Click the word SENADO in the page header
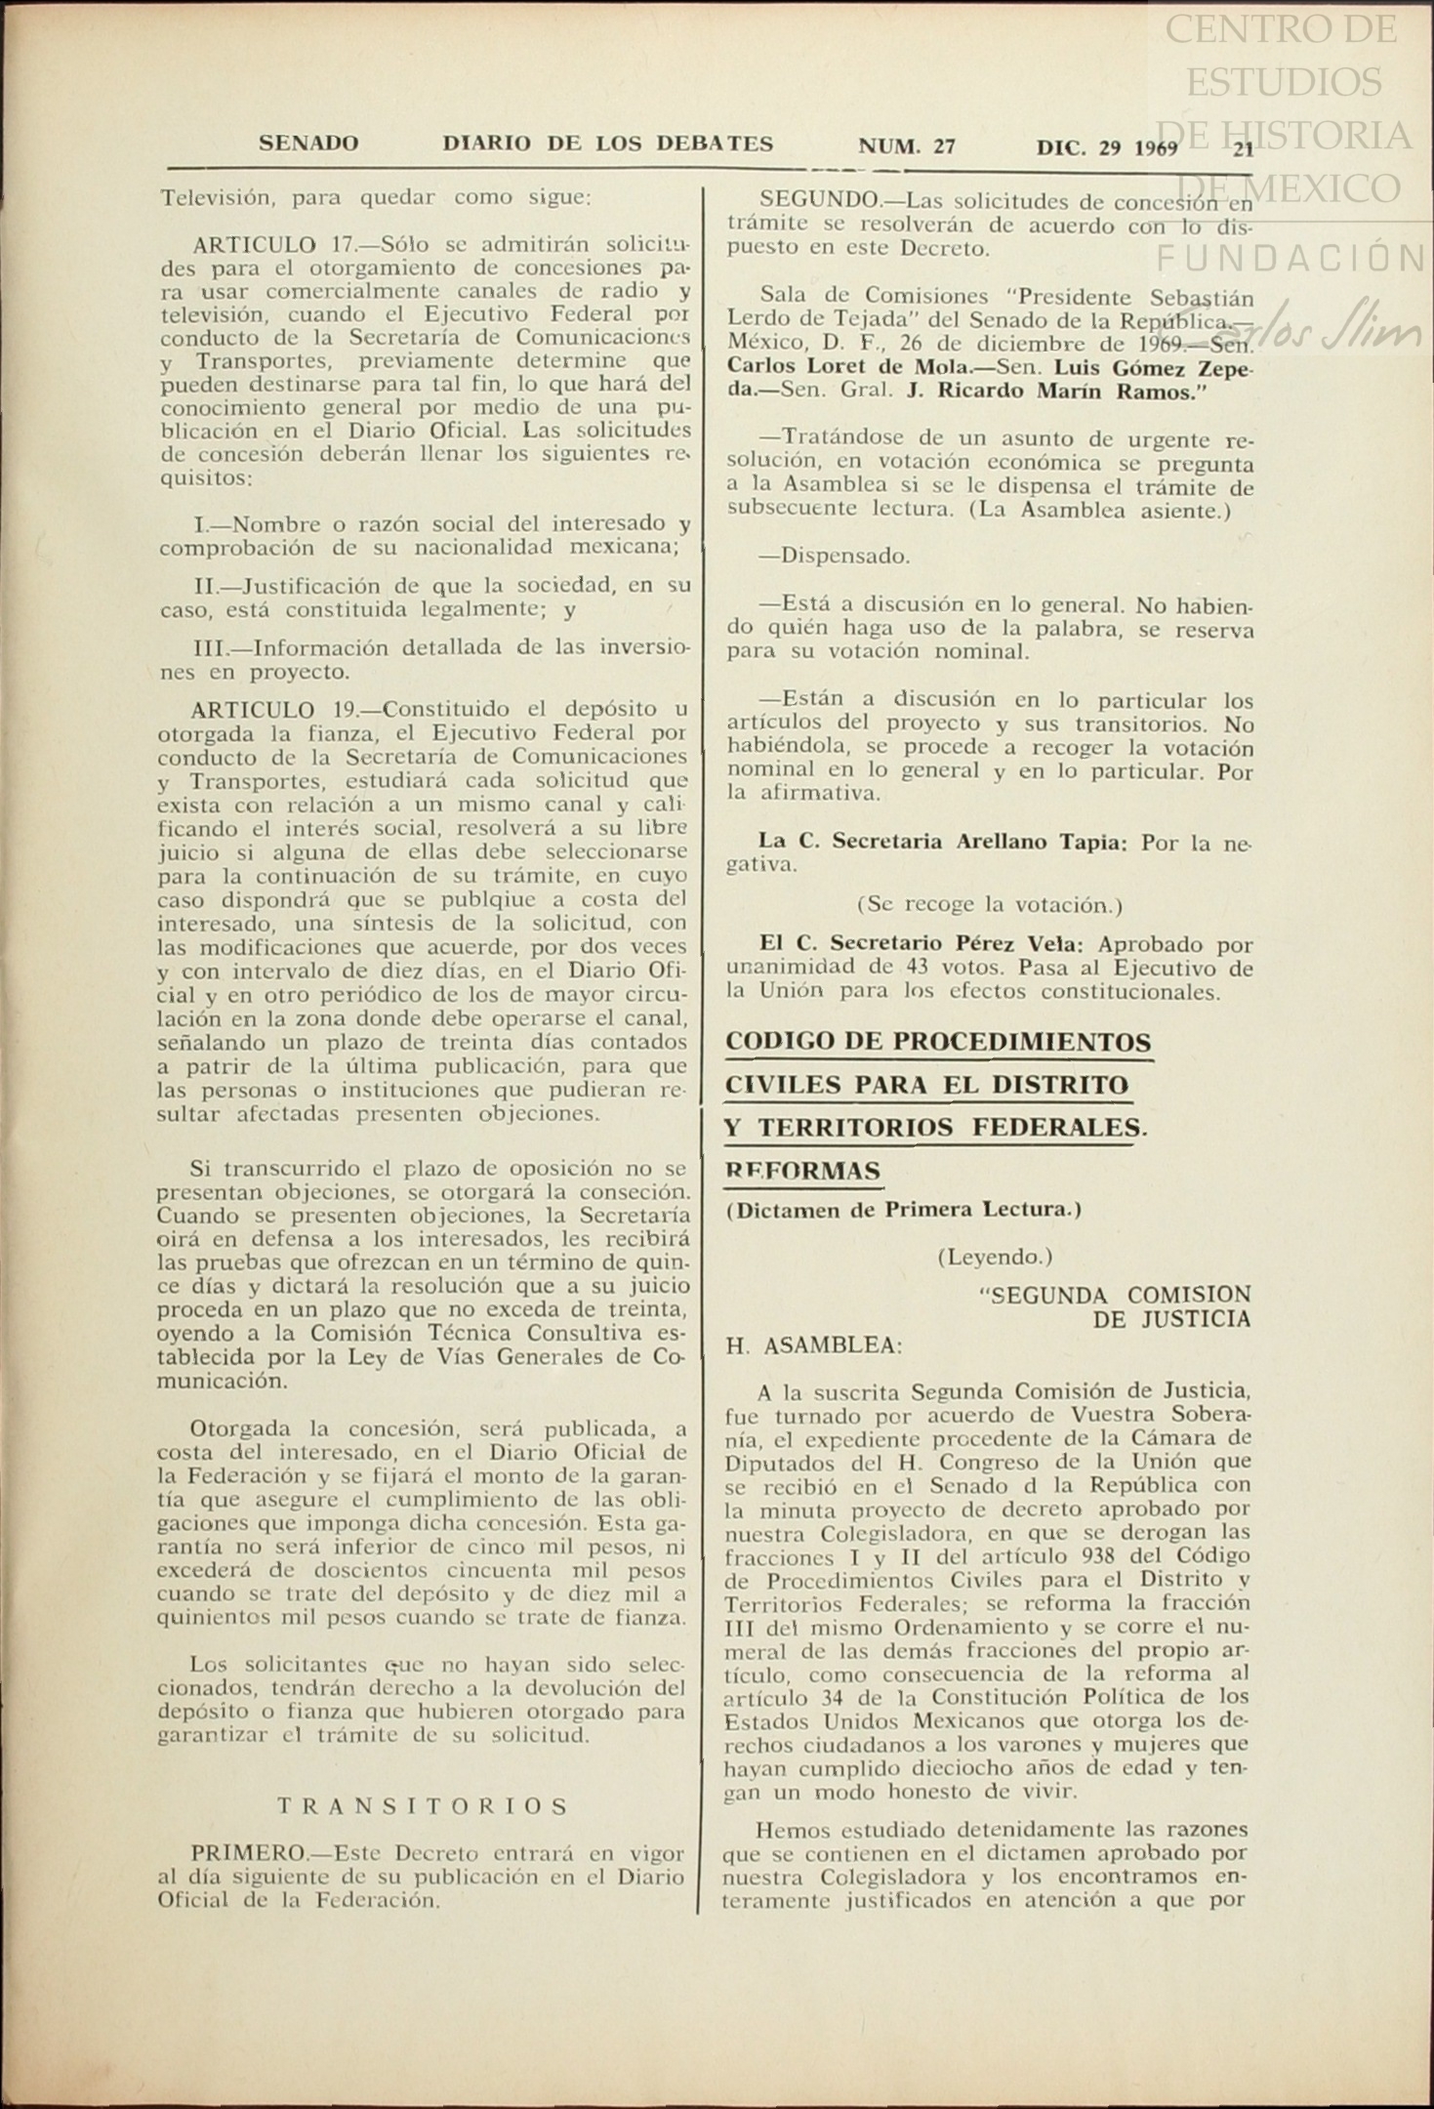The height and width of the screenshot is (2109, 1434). (x=308, y=144)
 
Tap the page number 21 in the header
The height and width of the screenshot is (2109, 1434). (x=1243, y=149)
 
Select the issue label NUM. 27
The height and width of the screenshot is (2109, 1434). (x=906, y=146)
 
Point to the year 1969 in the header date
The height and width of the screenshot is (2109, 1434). (x=1157, y=149)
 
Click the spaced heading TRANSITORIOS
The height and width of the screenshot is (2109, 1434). (x=423, y=1806)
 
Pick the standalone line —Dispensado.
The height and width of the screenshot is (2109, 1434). (x=835, y=557)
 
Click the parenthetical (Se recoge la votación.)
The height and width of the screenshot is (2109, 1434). (x=989, y=905)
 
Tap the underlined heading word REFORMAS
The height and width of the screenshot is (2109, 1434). (x=802, y=1170)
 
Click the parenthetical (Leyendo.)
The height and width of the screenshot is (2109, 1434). (x=995, y=1257)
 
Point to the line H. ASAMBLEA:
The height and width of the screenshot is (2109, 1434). (x=814, y=1345)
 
